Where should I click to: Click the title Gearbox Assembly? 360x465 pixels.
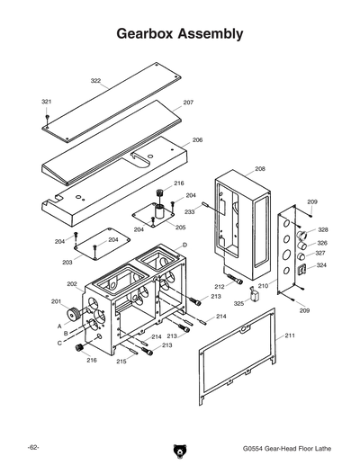click(x=180, y=34)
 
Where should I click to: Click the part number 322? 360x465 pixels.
click(x=95, y=81)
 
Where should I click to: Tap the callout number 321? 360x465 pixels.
click(x=47, y=102)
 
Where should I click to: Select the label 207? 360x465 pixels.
click(x=188, y=103)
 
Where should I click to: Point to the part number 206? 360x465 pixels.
click(x=197, y=140)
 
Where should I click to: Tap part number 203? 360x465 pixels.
click(x=67, y=262)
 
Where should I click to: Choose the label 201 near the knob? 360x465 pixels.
click(x=56, y=301)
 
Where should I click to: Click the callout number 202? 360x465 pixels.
click(x=72, y=284)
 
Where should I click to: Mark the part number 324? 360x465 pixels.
click(x=321, y=265)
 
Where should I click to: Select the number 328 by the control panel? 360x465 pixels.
click(x=322, y=230)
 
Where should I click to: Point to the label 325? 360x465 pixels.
click(x=238, y=303)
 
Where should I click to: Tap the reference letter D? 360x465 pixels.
click(x=184, y=245)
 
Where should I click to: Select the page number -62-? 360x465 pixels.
click(x=32, y=447)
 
